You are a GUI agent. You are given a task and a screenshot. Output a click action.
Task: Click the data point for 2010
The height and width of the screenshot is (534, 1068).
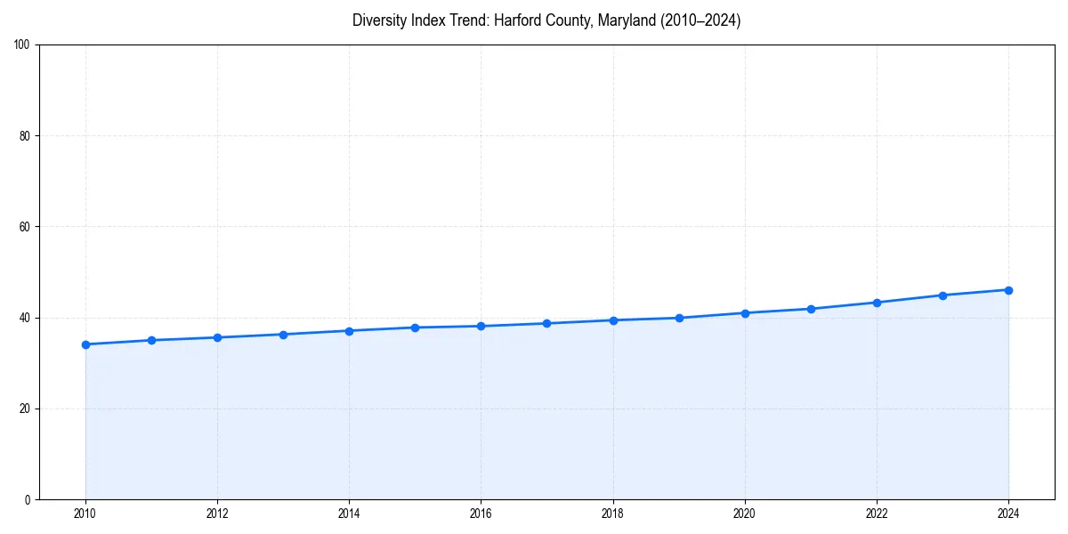[85, 344]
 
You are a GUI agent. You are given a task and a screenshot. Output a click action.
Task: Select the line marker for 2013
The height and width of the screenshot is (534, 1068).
[283, 335]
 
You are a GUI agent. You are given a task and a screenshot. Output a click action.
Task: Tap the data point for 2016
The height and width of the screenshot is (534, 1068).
[481, 326]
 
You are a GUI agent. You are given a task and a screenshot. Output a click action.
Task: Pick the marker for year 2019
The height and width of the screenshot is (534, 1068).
[679, 318]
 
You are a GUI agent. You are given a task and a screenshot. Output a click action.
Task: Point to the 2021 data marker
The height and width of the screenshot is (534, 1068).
[811, 309]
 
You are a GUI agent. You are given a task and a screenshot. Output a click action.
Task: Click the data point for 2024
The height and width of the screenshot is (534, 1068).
[1008, 290]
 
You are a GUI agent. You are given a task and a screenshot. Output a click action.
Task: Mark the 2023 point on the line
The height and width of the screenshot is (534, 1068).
[943, 295]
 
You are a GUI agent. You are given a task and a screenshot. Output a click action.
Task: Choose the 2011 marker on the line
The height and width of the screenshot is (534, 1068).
[151, 340]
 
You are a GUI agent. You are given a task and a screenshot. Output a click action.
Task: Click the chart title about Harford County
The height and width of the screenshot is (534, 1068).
[546, 20]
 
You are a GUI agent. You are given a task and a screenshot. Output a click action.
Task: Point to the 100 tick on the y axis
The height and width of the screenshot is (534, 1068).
[22, 45]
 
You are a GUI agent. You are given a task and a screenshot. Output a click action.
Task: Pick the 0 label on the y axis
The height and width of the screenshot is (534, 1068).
[28, 499]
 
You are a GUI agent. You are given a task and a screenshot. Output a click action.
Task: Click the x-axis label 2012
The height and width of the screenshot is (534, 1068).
[217, 514]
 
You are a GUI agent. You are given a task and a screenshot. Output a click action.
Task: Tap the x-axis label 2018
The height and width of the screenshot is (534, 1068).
[612, 514]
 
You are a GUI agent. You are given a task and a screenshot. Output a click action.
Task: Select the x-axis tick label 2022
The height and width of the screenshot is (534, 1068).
[877, 514]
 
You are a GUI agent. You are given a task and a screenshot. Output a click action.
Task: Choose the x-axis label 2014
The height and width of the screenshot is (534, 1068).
[349, 514]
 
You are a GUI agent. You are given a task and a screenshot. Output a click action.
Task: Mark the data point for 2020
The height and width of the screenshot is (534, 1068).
[745, 313]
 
